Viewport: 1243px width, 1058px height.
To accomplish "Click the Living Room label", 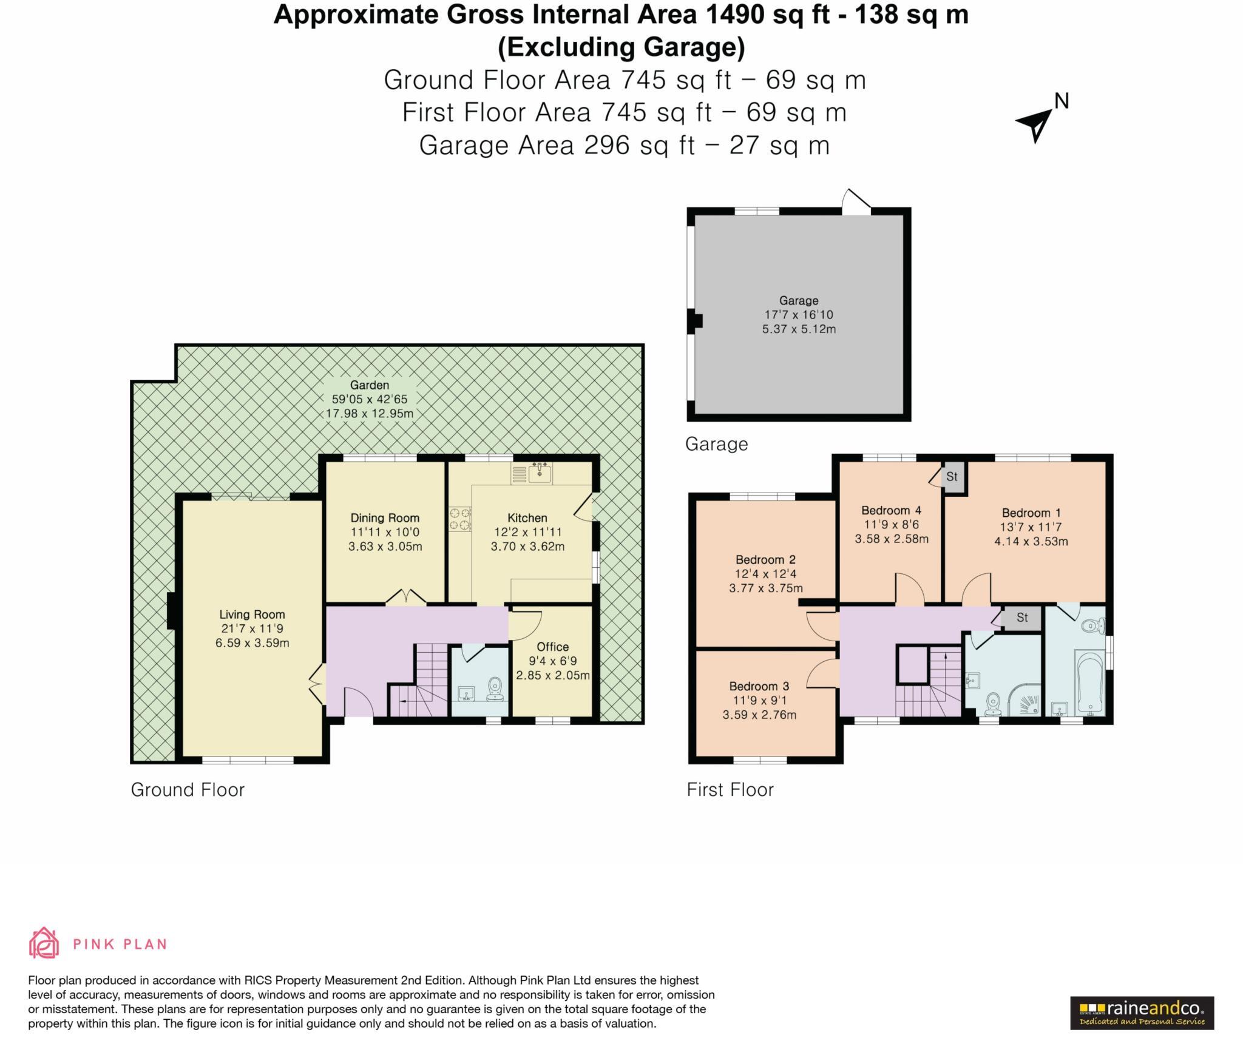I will (x=252, y=615).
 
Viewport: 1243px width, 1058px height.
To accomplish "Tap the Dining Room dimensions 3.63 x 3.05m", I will (x=385, y=546).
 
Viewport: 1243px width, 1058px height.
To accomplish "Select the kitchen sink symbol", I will (x=540, y=473).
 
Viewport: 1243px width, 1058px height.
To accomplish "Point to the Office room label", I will (x=552, y=647).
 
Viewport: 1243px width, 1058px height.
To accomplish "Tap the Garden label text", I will (x=369, y=385).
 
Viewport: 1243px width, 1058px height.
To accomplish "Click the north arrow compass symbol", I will (x=1036, y=123).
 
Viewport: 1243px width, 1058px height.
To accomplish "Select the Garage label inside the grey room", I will (x=798, y=301).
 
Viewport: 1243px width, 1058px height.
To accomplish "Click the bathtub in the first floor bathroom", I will (x=1090, y=683).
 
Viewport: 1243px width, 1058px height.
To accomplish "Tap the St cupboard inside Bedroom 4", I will (x=952, y=477).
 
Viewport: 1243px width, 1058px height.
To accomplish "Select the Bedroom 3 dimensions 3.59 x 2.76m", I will (x=759, y=715).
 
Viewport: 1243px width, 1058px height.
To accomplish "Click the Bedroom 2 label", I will (x=765, y=559).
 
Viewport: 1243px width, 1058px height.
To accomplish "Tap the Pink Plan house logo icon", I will (x=44, y=943).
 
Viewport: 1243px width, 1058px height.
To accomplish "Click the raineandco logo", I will (x=1141, y=1013).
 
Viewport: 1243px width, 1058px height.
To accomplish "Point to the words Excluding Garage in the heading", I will (x=621, y=47).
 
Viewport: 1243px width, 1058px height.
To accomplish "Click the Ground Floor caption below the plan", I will (x=188, y=790).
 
